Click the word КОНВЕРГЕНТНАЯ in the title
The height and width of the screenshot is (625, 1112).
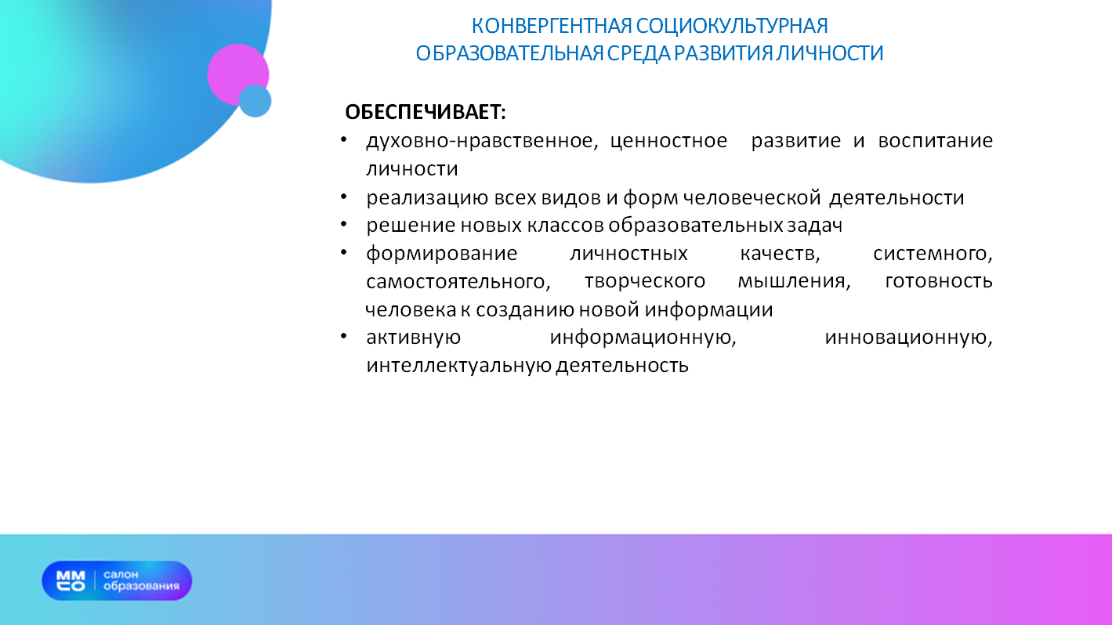click(x=552, y=26)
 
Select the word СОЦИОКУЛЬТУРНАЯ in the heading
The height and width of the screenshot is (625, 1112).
click(x=732, y=26)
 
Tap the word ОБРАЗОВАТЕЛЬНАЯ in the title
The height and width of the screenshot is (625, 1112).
click(x=509, y=53)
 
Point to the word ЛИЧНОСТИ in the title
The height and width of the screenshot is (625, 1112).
click(x=830, y=53)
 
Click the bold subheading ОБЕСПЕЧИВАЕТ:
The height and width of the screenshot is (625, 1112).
click(x=426, y=112)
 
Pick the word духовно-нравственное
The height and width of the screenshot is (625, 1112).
click(x=482, y=141)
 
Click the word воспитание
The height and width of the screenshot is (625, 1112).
click(x=935, y=141)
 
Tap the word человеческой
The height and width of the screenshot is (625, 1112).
click(x=752, y=197)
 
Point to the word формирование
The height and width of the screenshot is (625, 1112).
click(x=442, y=254)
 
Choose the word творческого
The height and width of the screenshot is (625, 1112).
click(x=645, y=282)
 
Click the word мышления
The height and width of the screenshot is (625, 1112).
click(x=795, y=282)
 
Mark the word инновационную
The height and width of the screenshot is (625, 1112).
click(x=908, y=338)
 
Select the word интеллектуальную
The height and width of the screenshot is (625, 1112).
click(x=458, y=366)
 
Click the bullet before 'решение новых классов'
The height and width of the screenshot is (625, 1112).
click(x=343, y=225)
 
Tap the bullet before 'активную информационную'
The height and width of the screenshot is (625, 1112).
click(x=343, y=337)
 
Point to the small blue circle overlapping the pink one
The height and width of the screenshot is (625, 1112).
click(x=255, y=101)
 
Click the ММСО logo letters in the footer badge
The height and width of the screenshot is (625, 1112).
click(x=71, y=581)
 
